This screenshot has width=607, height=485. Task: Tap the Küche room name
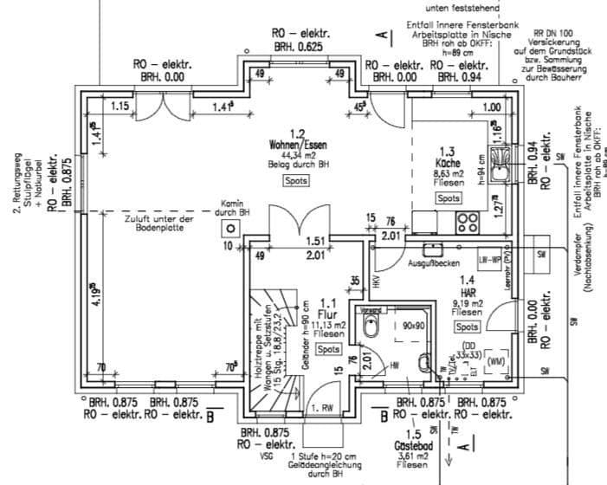(x=448, y=162)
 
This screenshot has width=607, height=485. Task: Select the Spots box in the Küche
(x=449, y=198)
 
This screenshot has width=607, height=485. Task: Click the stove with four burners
(x=468, y=222)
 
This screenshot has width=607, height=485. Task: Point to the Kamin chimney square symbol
(x=231, y=229)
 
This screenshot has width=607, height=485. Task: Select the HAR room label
(x=467, y=292)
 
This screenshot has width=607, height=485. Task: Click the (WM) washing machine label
(x=497, y=359)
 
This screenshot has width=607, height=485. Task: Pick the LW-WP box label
(x=490, y=259)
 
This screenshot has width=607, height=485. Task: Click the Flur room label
(x=326, y=314)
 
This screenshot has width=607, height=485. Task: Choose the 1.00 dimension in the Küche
(x=491, y=107)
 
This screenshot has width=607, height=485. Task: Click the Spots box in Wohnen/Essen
(x=295, y=181)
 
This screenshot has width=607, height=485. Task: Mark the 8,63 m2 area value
(x=448, y=172)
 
